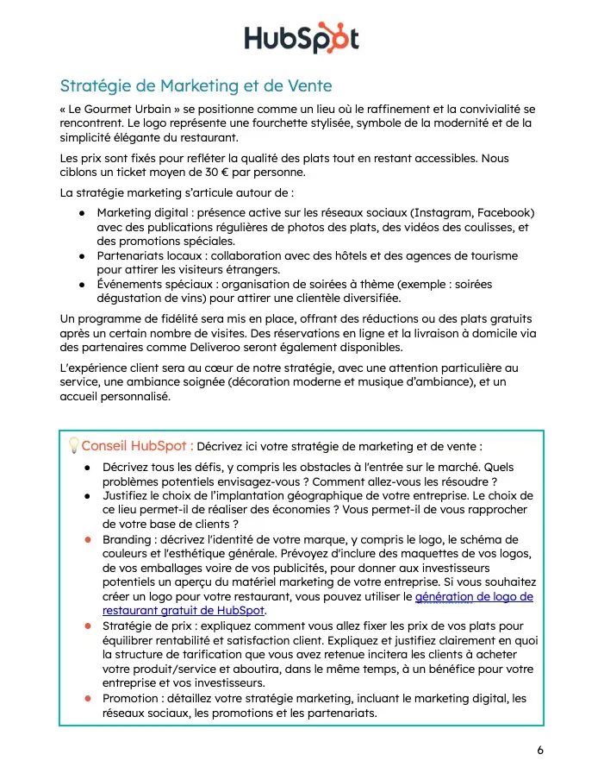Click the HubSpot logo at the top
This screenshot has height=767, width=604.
point(301,38)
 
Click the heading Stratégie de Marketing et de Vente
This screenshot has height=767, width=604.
point(196,86)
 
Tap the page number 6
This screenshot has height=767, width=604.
point(540,750)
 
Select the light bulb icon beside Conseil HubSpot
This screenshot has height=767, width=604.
point(73,446)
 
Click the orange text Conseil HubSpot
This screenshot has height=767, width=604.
point(137,446)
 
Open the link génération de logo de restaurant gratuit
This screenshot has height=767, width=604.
point(473,596)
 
